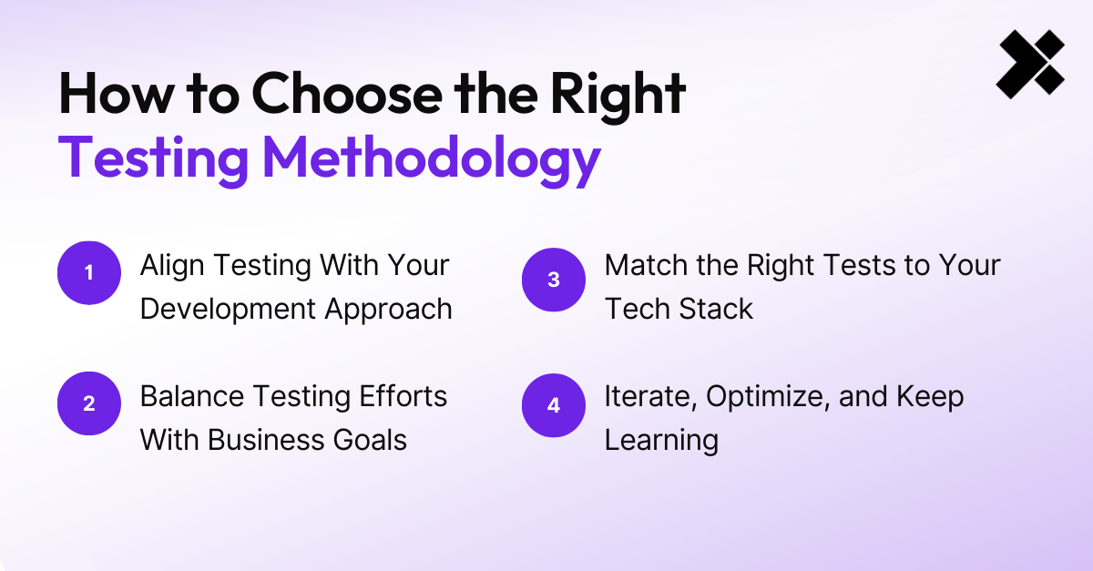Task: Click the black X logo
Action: click(1030, 64)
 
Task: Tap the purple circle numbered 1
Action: click(89, 273)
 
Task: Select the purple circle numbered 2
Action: click(89, 403)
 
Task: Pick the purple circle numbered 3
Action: click(554, 280)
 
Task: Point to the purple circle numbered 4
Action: click(554, 405)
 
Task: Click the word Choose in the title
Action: click(347, 94)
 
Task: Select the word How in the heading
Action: click(117, 94)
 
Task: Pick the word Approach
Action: click(389, 310)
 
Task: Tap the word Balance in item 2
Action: click(192, 396)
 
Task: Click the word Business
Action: click(266, 440)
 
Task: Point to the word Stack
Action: click(716, 309)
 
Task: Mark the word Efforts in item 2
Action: click(403, 396)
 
